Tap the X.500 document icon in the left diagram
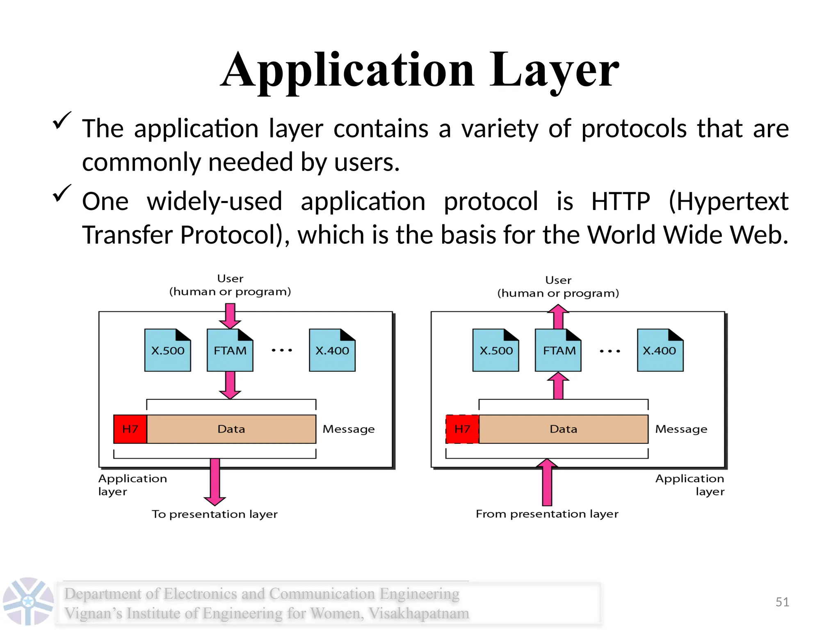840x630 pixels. (x=167, y=351)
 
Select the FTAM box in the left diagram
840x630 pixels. (x=230, y=351)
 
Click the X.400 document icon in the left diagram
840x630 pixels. (x=332, y=351)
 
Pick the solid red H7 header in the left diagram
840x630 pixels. (x=130, y=429)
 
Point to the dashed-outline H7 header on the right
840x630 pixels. (x=462, y=429)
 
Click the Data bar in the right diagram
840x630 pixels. (x=564, y=429)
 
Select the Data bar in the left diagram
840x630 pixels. (x=231, y=429)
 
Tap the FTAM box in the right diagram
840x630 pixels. (x=559, y=351)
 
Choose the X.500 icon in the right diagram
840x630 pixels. (x=496, y=351)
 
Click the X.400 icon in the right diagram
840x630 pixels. (x=660, y=351)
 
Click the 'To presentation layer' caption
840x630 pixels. (x=215, y=514)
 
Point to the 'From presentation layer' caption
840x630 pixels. (x=547, y=514)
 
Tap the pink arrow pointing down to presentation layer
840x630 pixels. (x=215, y=482)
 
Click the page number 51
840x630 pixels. (x=782, y=602)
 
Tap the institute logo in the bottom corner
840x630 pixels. (x=28, y=601)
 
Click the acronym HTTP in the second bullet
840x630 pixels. (x=621, y=201)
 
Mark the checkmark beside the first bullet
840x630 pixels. (x=62, y=121)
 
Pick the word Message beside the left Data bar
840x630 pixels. (x=349, y=429)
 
